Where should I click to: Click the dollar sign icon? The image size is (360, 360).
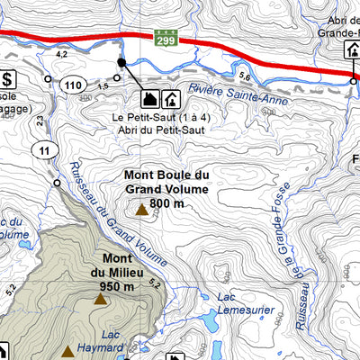coord(7,79)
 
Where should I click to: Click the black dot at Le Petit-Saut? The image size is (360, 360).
coord(121,62)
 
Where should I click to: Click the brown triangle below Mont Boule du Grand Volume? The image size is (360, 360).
coord(141,211)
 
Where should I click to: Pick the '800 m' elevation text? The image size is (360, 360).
coord(167,203)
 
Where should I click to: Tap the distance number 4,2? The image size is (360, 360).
coord(62,55)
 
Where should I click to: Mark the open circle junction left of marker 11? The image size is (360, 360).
coord(57,183)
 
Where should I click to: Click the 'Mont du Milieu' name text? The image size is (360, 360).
coord(111,265)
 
